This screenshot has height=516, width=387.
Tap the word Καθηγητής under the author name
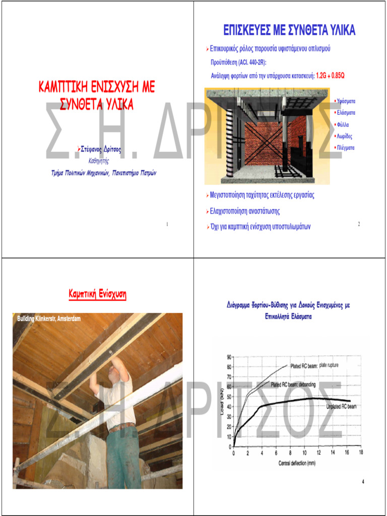[99, 161]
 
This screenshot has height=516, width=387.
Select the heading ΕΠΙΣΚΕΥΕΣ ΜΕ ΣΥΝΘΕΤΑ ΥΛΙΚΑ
[289, 31]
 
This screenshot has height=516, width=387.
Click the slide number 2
[359, 224]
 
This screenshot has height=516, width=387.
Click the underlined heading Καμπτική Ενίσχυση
[97, 294]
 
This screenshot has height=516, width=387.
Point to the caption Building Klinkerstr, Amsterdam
[48, 319]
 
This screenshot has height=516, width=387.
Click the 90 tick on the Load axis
[229, 357]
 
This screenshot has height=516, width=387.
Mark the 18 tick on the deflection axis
[360, 453]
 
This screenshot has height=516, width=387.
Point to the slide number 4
[363, 482]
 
